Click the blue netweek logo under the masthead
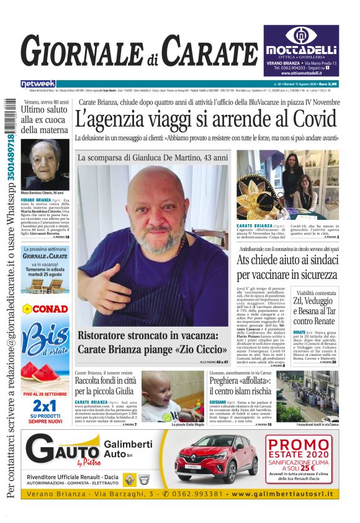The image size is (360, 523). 38,83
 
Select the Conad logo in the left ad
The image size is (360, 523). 45,309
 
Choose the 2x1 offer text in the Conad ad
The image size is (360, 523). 45,404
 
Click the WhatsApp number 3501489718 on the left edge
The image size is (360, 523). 11,148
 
